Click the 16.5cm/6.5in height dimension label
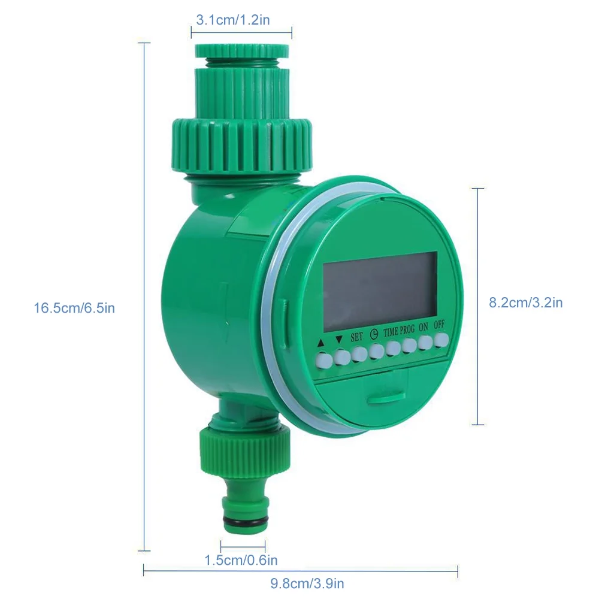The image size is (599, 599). pos(74,308)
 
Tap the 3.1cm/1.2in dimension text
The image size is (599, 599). pos(233,20)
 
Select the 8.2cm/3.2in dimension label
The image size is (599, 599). pos(525,302)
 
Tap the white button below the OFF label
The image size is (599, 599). pos(441,340)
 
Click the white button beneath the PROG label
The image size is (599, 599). pos(410,346)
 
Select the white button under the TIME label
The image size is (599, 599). pos(394,349)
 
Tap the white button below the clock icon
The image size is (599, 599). pos(376,352)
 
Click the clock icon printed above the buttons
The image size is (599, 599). pos(374,335)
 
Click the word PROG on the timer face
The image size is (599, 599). pos(407,329)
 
